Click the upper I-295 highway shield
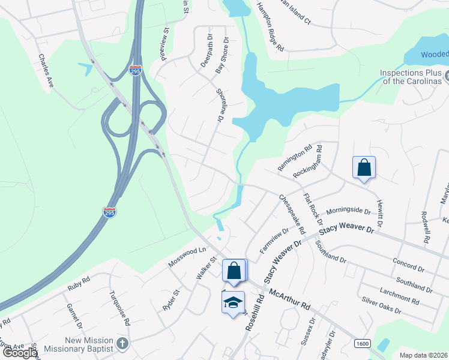tap(136, 71)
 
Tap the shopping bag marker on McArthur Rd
tap(234, 271)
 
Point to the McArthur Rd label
tap(290, 298)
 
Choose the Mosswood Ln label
tap(187, 253)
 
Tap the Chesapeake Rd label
tap(292, 214)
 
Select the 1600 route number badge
tap(362, 343)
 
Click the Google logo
tap(20, 353)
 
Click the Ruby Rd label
tap(79, 283)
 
